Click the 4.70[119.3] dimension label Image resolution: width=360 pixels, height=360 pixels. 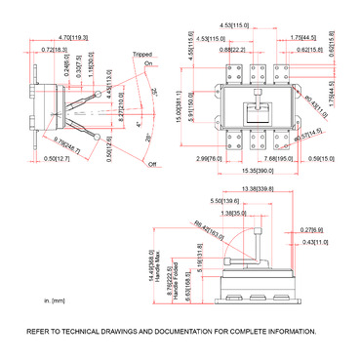tap(69, 36)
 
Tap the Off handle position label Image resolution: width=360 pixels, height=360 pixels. tap(151, 165)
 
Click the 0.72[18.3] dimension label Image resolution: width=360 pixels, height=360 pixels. tap(54, 47)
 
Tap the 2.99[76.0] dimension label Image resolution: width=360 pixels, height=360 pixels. tap(209, 158)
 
